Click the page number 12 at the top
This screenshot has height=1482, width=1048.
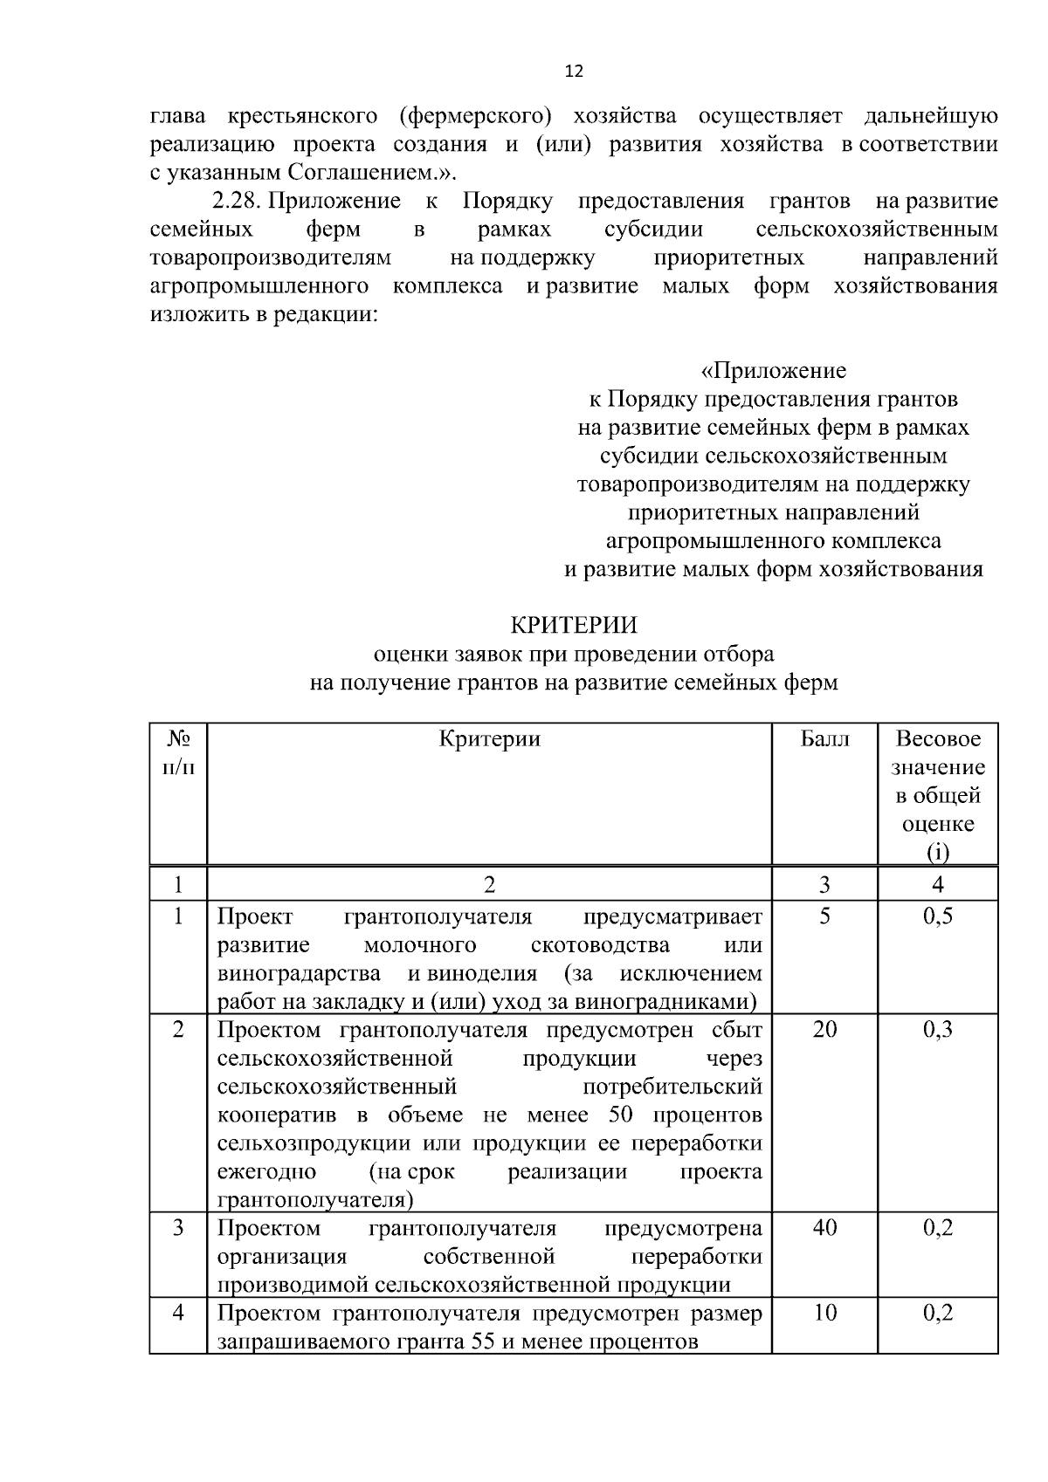(x=574, y=72)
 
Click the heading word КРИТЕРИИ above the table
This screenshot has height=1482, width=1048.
(x=574, y=626)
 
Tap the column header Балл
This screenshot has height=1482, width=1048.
(x=824, y=739)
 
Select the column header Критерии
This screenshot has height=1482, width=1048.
(x=489, y=739)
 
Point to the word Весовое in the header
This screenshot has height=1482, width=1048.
(x=938, y=739)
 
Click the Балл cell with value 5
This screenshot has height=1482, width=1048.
(x=824, y=916)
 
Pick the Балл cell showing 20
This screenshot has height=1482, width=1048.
(x=824, y=1030)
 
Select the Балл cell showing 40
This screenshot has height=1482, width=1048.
(x=824, y=1229)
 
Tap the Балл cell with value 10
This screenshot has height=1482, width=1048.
(x=824, y=1314)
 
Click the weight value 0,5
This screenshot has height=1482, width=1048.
(x=938, y=916)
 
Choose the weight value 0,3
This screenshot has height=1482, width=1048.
(x=938, y=1030)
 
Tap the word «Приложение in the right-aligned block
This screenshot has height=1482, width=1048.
(x=774, y=371)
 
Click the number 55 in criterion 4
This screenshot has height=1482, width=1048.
(x=483, y=1342)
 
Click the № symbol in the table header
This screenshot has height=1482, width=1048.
(x=178, y=739)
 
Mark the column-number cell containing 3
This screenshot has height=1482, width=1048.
(x=824, y=885)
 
